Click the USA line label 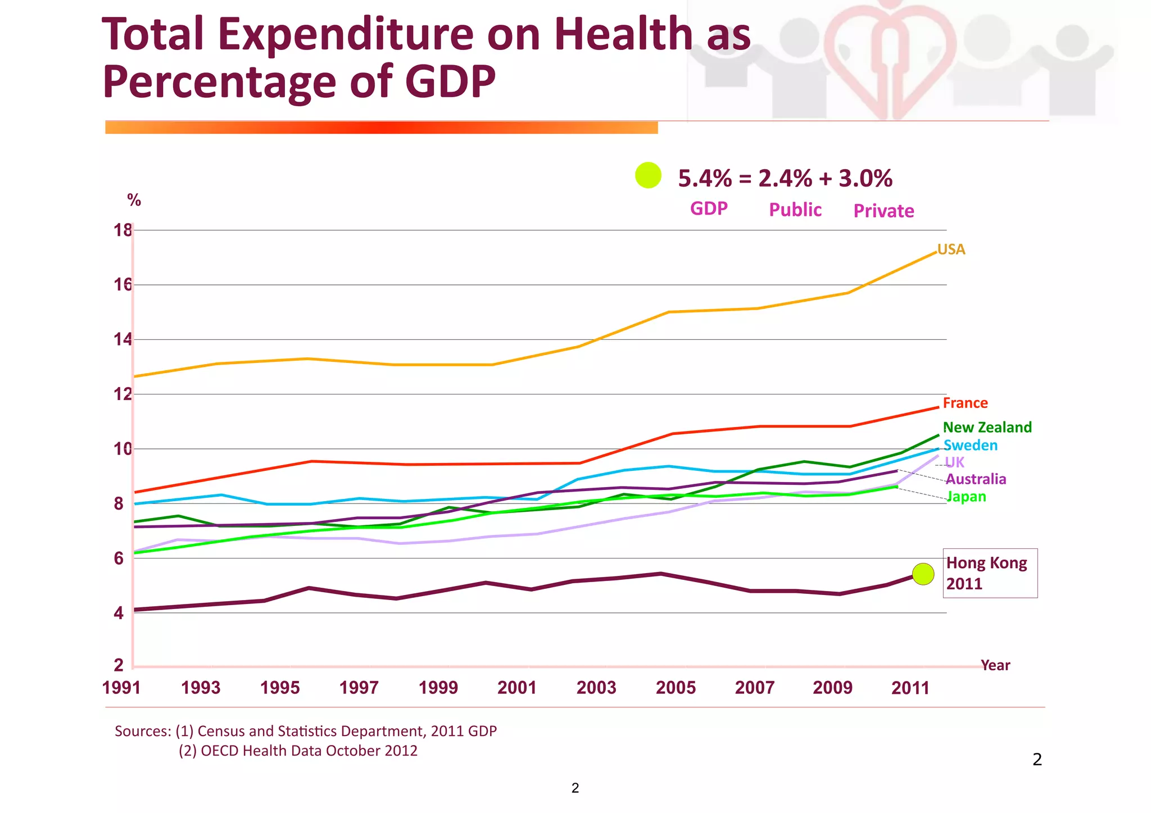pos(951,249)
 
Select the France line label pos(965,403)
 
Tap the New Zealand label pos(987,428)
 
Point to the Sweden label pos(970,446)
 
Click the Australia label pos(976,479)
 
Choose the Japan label pos(967,497)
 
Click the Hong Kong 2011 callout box pos(990,573)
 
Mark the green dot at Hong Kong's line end pos(923,574)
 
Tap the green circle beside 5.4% pos(648,175)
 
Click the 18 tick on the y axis pos(123,230)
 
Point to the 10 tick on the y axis pos(123,449)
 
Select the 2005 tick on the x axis pos(676,688)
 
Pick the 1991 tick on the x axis pos(121,688)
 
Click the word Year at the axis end pos(995,665)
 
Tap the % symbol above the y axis pos(134,200)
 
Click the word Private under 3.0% pos(883,211)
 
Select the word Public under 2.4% pos(795,210)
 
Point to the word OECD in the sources pos(221,751)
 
